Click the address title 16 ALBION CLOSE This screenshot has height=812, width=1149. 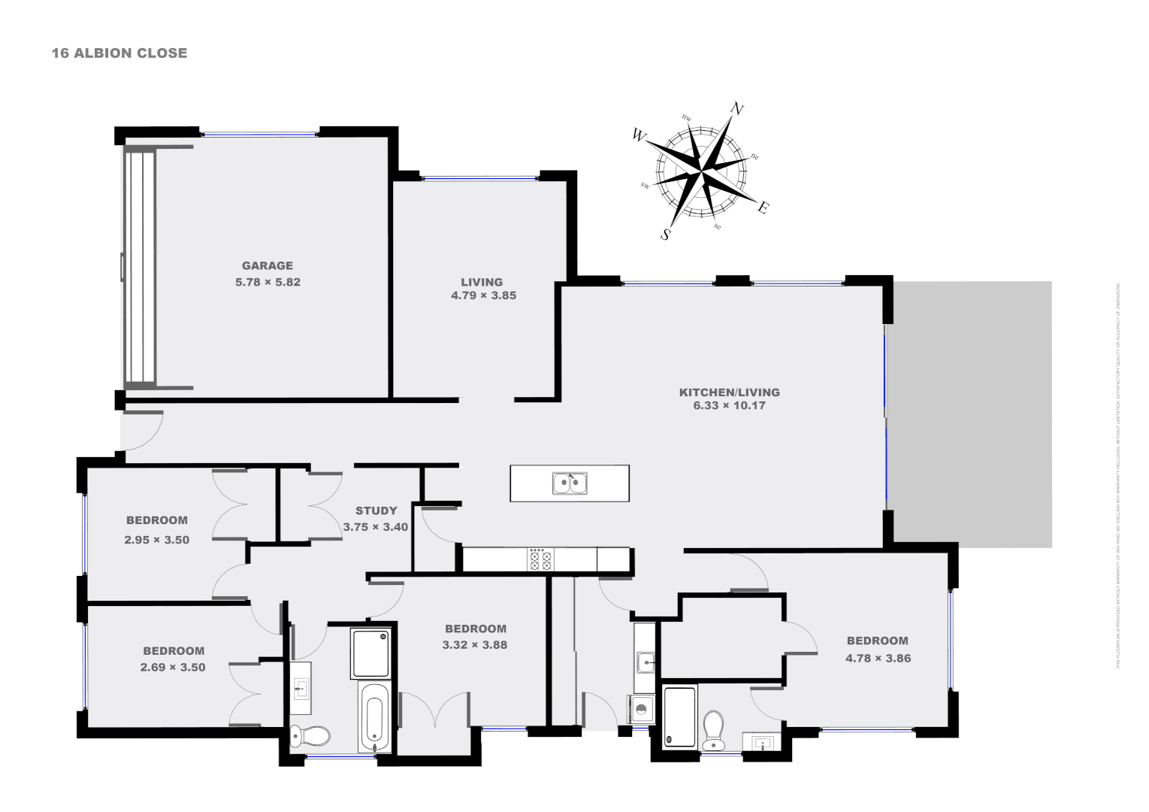pyautogui.click(x=119, y=53)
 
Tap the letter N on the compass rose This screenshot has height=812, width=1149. pyautogui.click(x=737, y=110)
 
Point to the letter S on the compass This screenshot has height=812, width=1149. pyautogui.click(x=665, y=235)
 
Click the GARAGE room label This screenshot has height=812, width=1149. pyautogui.click(x=268, y=265)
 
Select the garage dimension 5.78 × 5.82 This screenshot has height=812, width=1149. pyautogui.click(x=268, y=282)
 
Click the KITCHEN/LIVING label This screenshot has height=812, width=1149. pyautogui.click(x=729, y=392)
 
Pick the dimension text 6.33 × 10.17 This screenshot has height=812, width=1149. pyautogui.click(x=729, y=406)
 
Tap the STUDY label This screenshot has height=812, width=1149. pyautogui.click(x=376, y=511)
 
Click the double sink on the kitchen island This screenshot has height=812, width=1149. pyautogui.click(x=570, y=483)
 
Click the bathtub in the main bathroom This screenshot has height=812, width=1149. pyautogui.click(x=375, y=717)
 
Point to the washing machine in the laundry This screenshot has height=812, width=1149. pyautogui.click(x=641, y=709)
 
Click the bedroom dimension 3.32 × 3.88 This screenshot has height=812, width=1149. pyautogui.click(x=475, y=644)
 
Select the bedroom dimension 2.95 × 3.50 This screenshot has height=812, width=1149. pyautogui.click(x=156, y=539)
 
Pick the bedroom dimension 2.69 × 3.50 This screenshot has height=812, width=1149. pyautogui.click(x=173, y=667)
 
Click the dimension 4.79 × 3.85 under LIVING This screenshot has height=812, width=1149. pyautogui.click(x=483, y=295)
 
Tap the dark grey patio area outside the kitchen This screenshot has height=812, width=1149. pyautogui.click(x=972, y=414)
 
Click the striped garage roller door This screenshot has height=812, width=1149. pyautogui.click(x=141, y=266)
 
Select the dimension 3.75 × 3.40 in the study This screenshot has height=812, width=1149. pyautogui.click(x=375, y=527)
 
